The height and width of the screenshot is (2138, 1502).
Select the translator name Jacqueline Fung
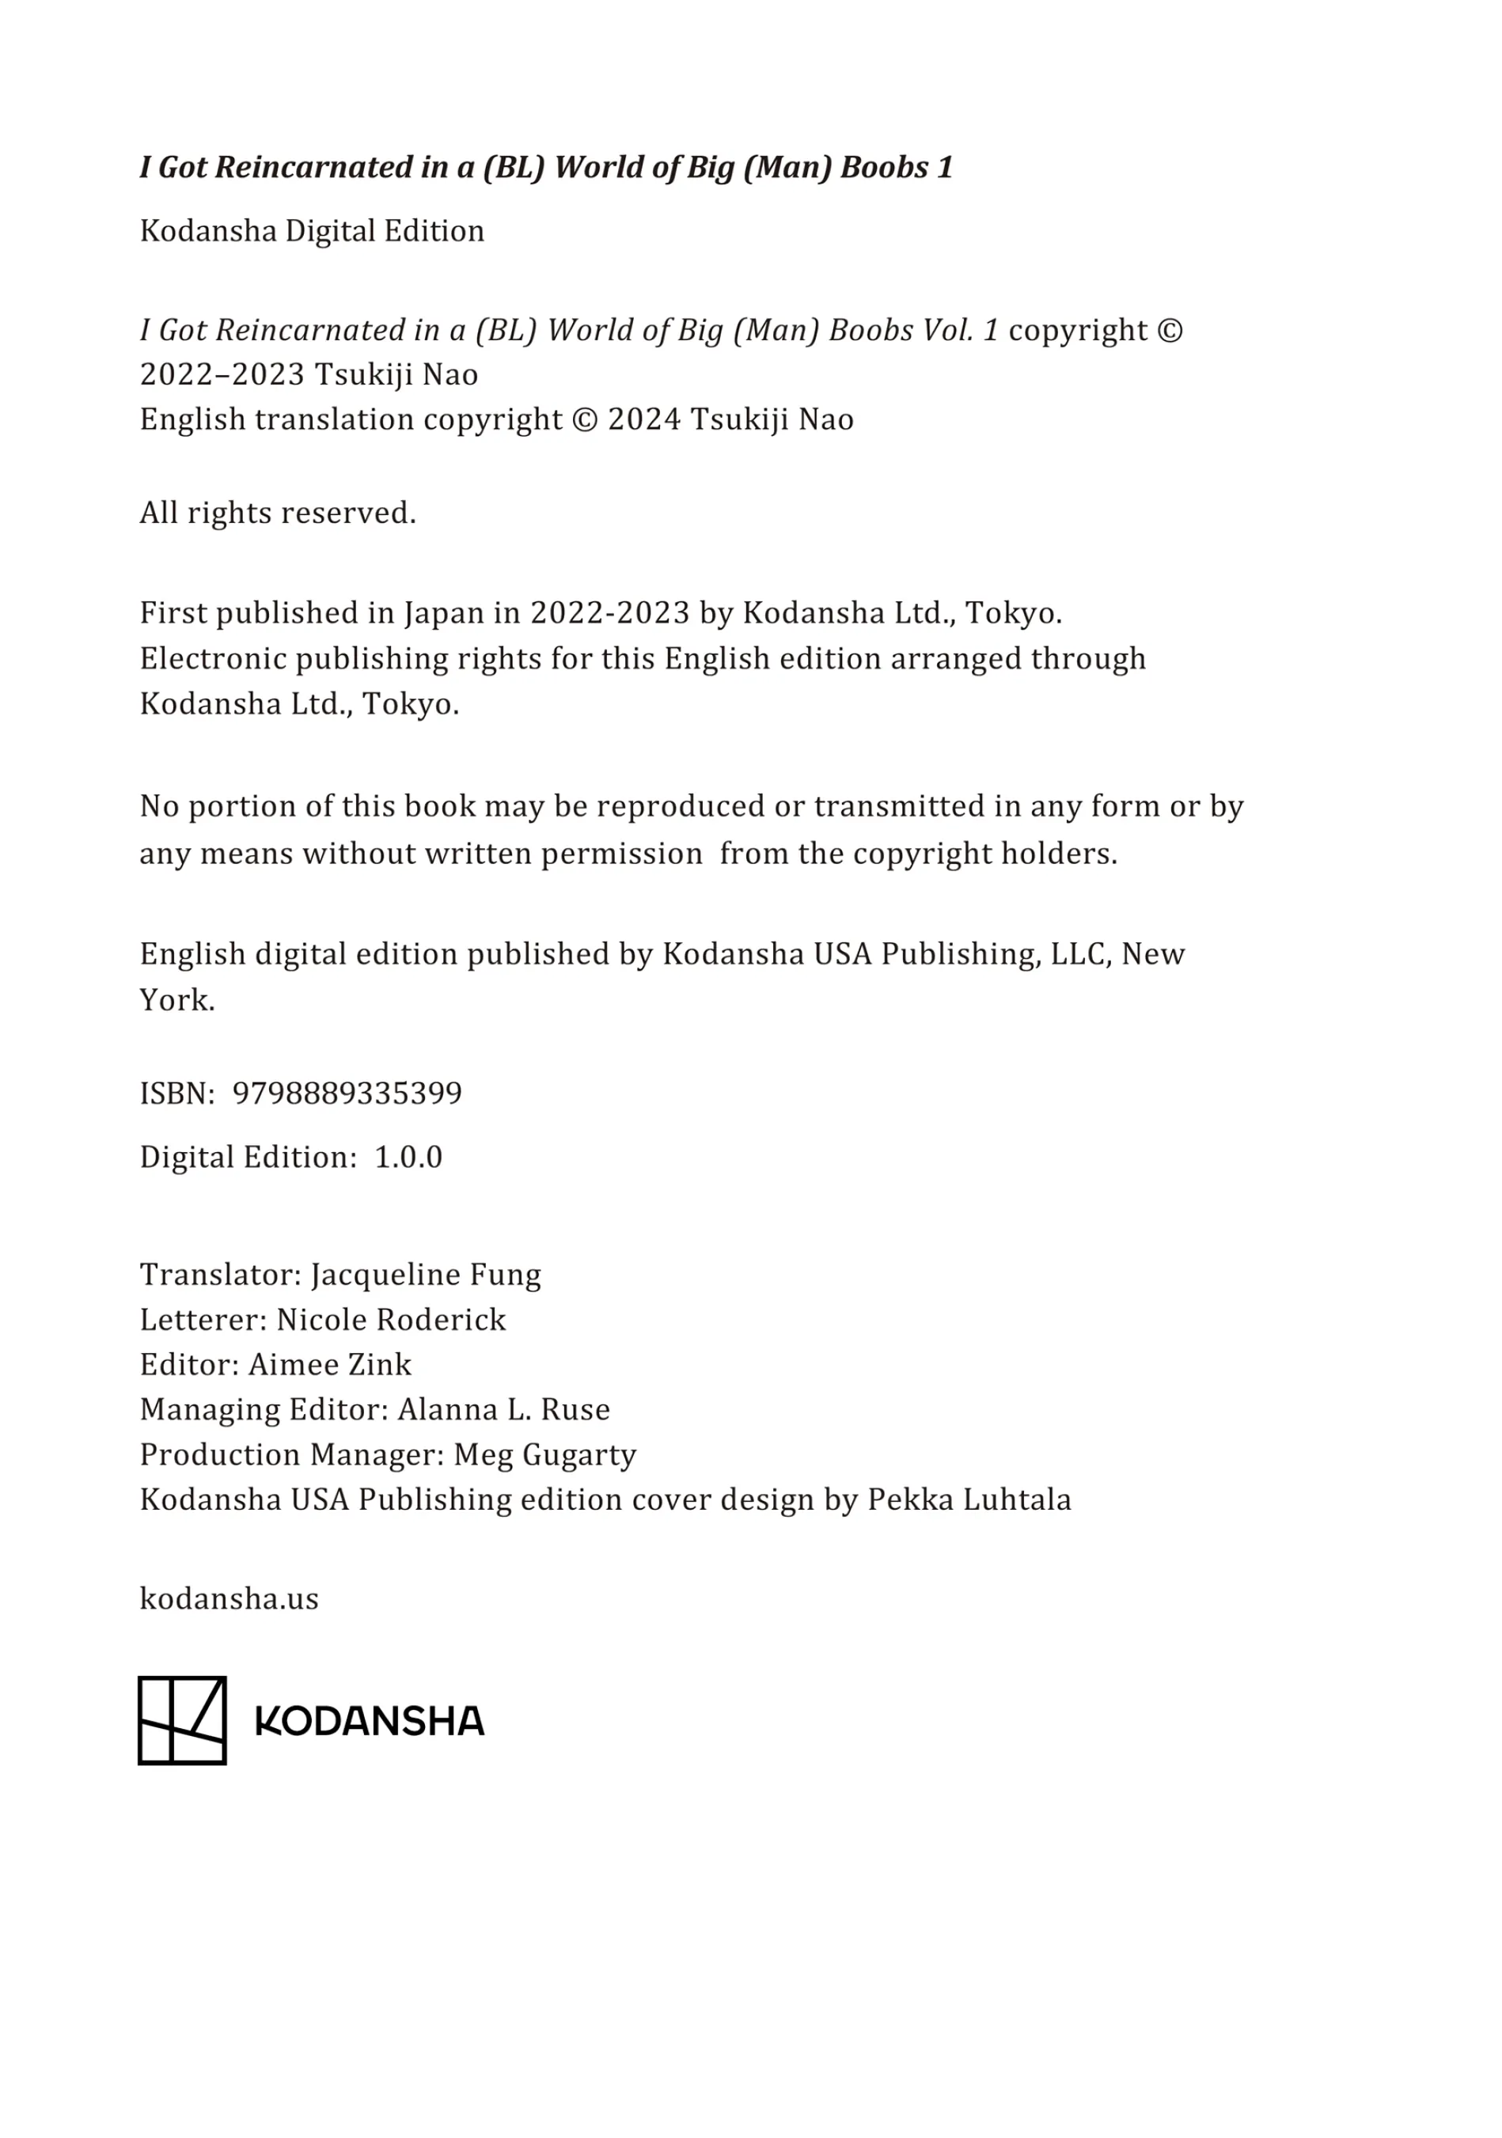[426, 1274]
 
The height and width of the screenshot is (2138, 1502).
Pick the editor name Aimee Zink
[330, 1364]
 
